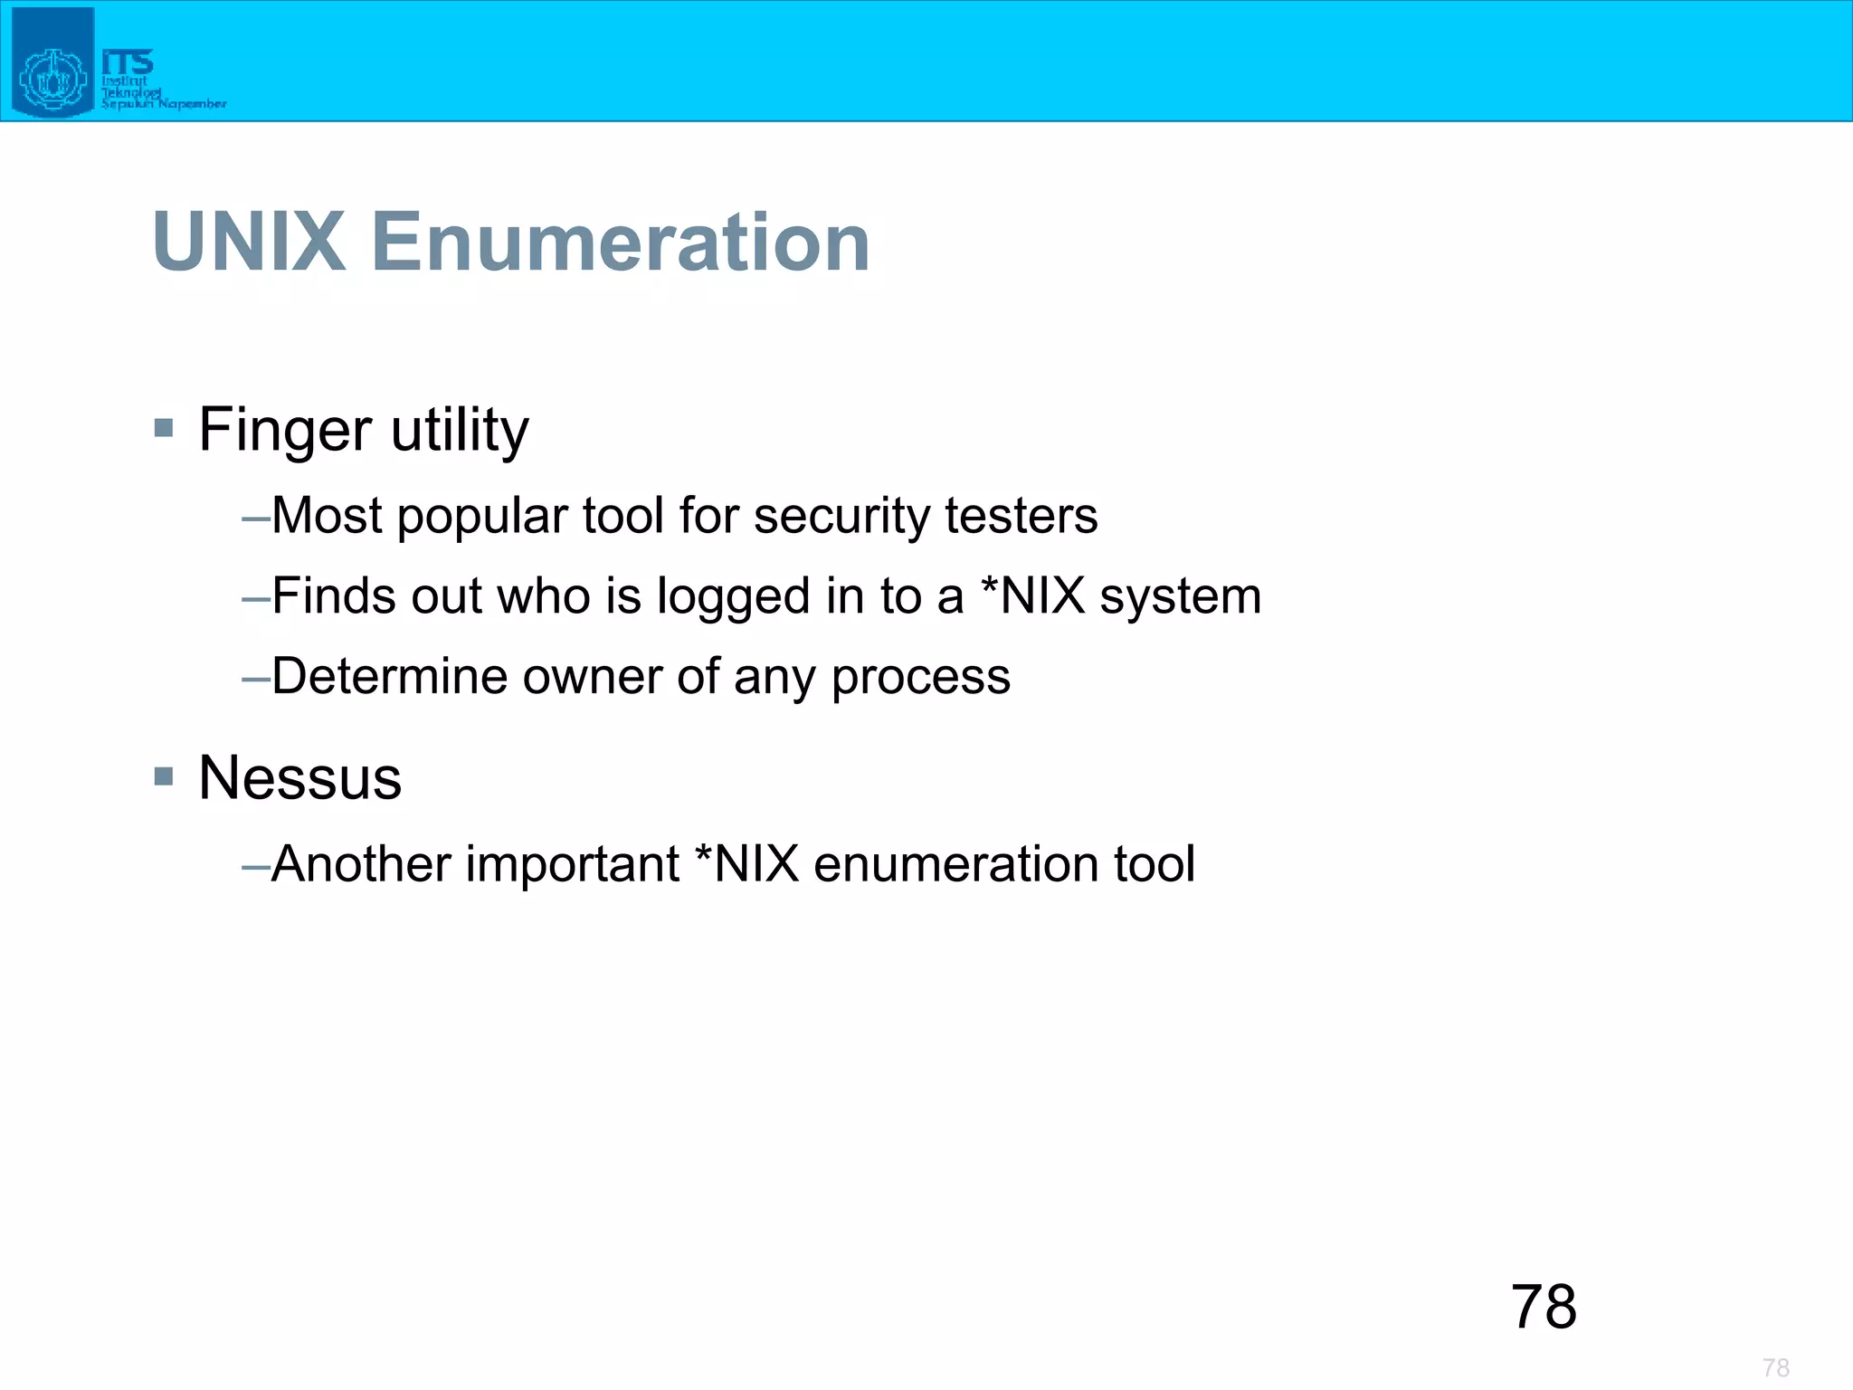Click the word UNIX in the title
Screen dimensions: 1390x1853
[250, 242]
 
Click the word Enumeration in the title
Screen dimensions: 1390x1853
[621, 242]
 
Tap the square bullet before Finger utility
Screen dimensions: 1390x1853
[164, 427]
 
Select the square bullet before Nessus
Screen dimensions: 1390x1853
[164, 776]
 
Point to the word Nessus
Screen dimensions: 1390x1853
[299, 778]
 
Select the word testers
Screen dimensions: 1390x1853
[1021, 516]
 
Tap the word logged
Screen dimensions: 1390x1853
[733, 597]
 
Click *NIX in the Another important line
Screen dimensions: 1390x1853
[746, 863]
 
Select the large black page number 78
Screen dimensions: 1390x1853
[1544, 1307]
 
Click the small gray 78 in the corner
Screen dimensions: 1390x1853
[1775, 1367]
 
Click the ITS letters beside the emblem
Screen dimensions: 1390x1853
[128, 62]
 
